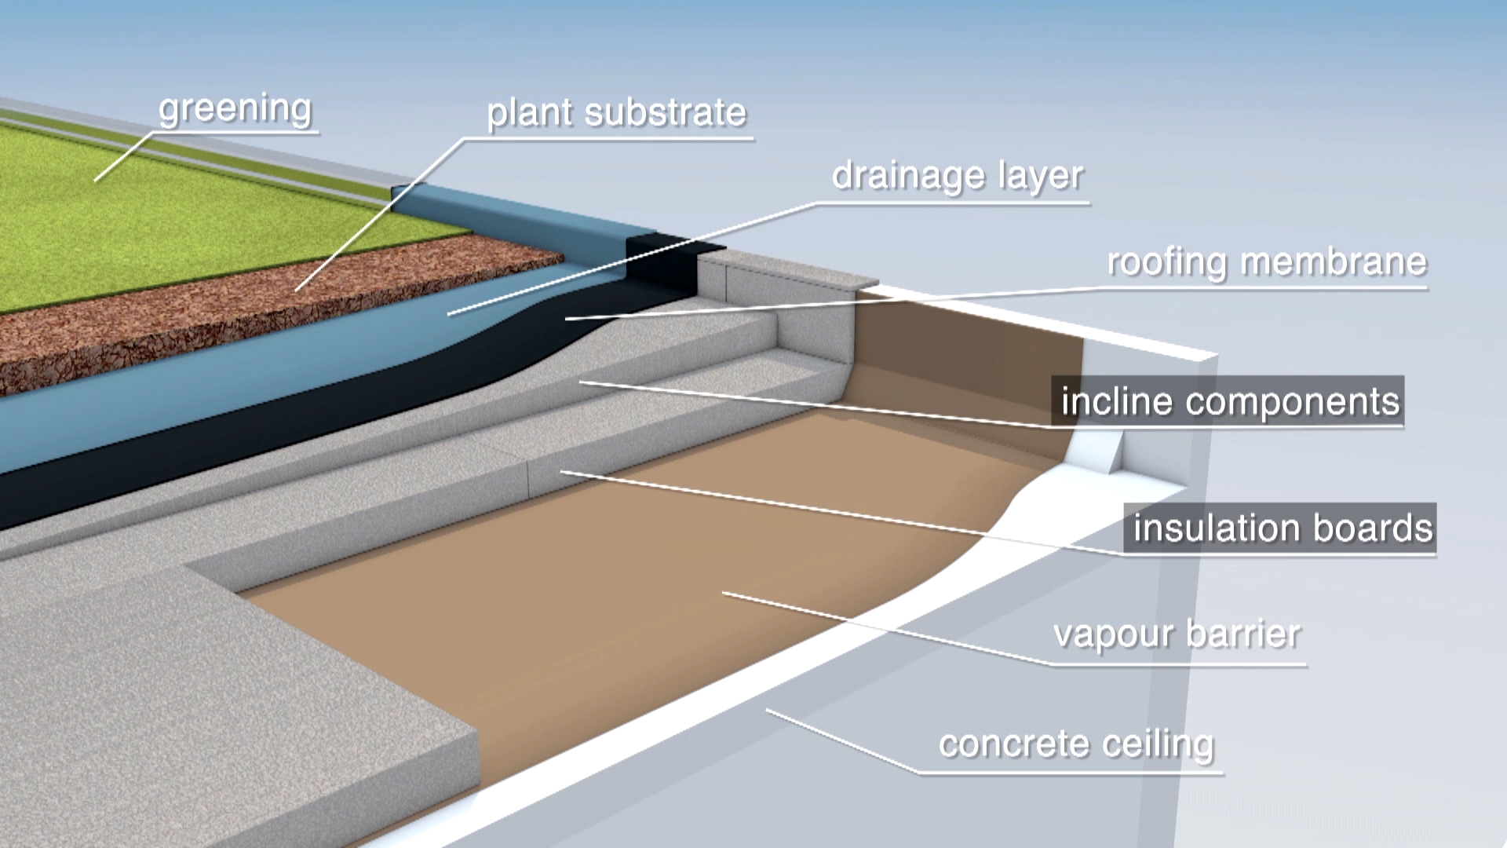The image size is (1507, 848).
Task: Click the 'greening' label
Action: click(x=235, y=109)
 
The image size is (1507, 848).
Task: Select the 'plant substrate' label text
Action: click(x=616, y=113)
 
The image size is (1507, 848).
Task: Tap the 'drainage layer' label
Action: click(x=958, y=177)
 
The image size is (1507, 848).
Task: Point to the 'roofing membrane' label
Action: click(x=1267, y=263)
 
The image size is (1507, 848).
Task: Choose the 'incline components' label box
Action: click(x=1228, y=402)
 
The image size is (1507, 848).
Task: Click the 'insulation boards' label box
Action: click(x=1281, y=528)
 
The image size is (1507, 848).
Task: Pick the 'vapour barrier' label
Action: click(x=1177, y=634)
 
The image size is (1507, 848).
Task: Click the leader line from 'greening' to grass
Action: click(x=124, y=157)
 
